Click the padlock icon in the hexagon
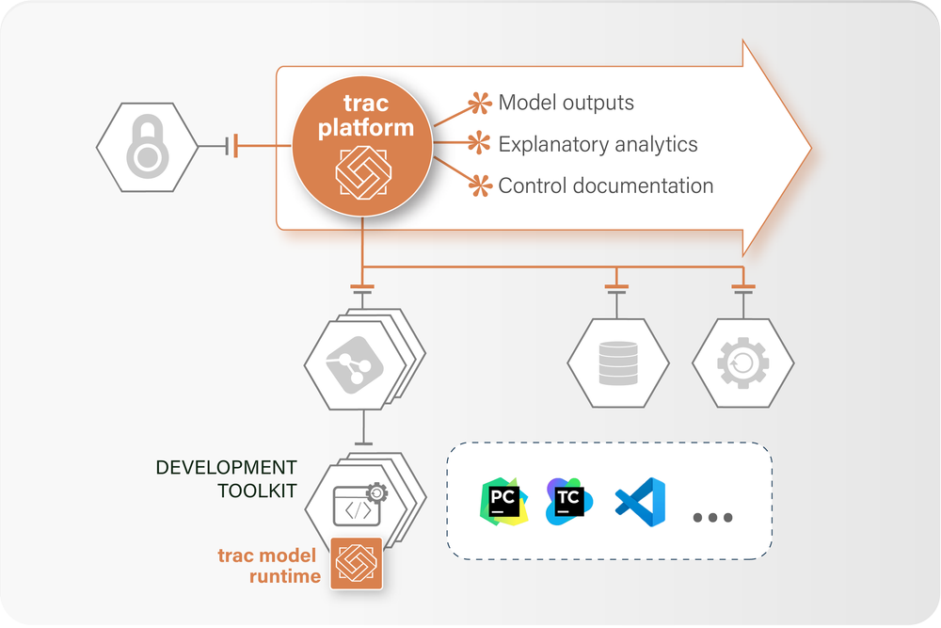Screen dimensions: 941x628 (148, 147)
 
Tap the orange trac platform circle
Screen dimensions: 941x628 (362, 146)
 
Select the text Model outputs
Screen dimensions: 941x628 (566, 103)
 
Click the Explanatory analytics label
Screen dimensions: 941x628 (598, 144)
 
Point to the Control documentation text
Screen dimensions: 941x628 (605, 185)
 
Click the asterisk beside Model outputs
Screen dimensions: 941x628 (480, 104)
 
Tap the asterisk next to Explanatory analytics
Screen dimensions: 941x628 (479, 143)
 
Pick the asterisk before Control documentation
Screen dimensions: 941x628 (480, 185)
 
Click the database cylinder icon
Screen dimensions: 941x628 (618, 363)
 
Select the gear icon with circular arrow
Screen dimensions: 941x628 (743, 362)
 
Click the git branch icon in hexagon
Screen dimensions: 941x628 (355, 365)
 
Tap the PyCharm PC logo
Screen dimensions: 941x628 (503, 501)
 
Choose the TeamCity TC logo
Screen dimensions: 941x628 (569, 501)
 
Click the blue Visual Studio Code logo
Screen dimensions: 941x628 (640, 502)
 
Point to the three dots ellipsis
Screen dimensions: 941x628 (713, 518)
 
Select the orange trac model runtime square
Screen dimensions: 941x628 (357, 563)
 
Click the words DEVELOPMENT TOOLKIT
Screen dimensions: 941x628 (226, 479)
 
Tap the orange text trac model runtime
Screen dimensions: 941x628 (269, 566)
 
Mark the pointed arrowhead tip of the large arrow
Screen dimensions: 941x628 (811, 148)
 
